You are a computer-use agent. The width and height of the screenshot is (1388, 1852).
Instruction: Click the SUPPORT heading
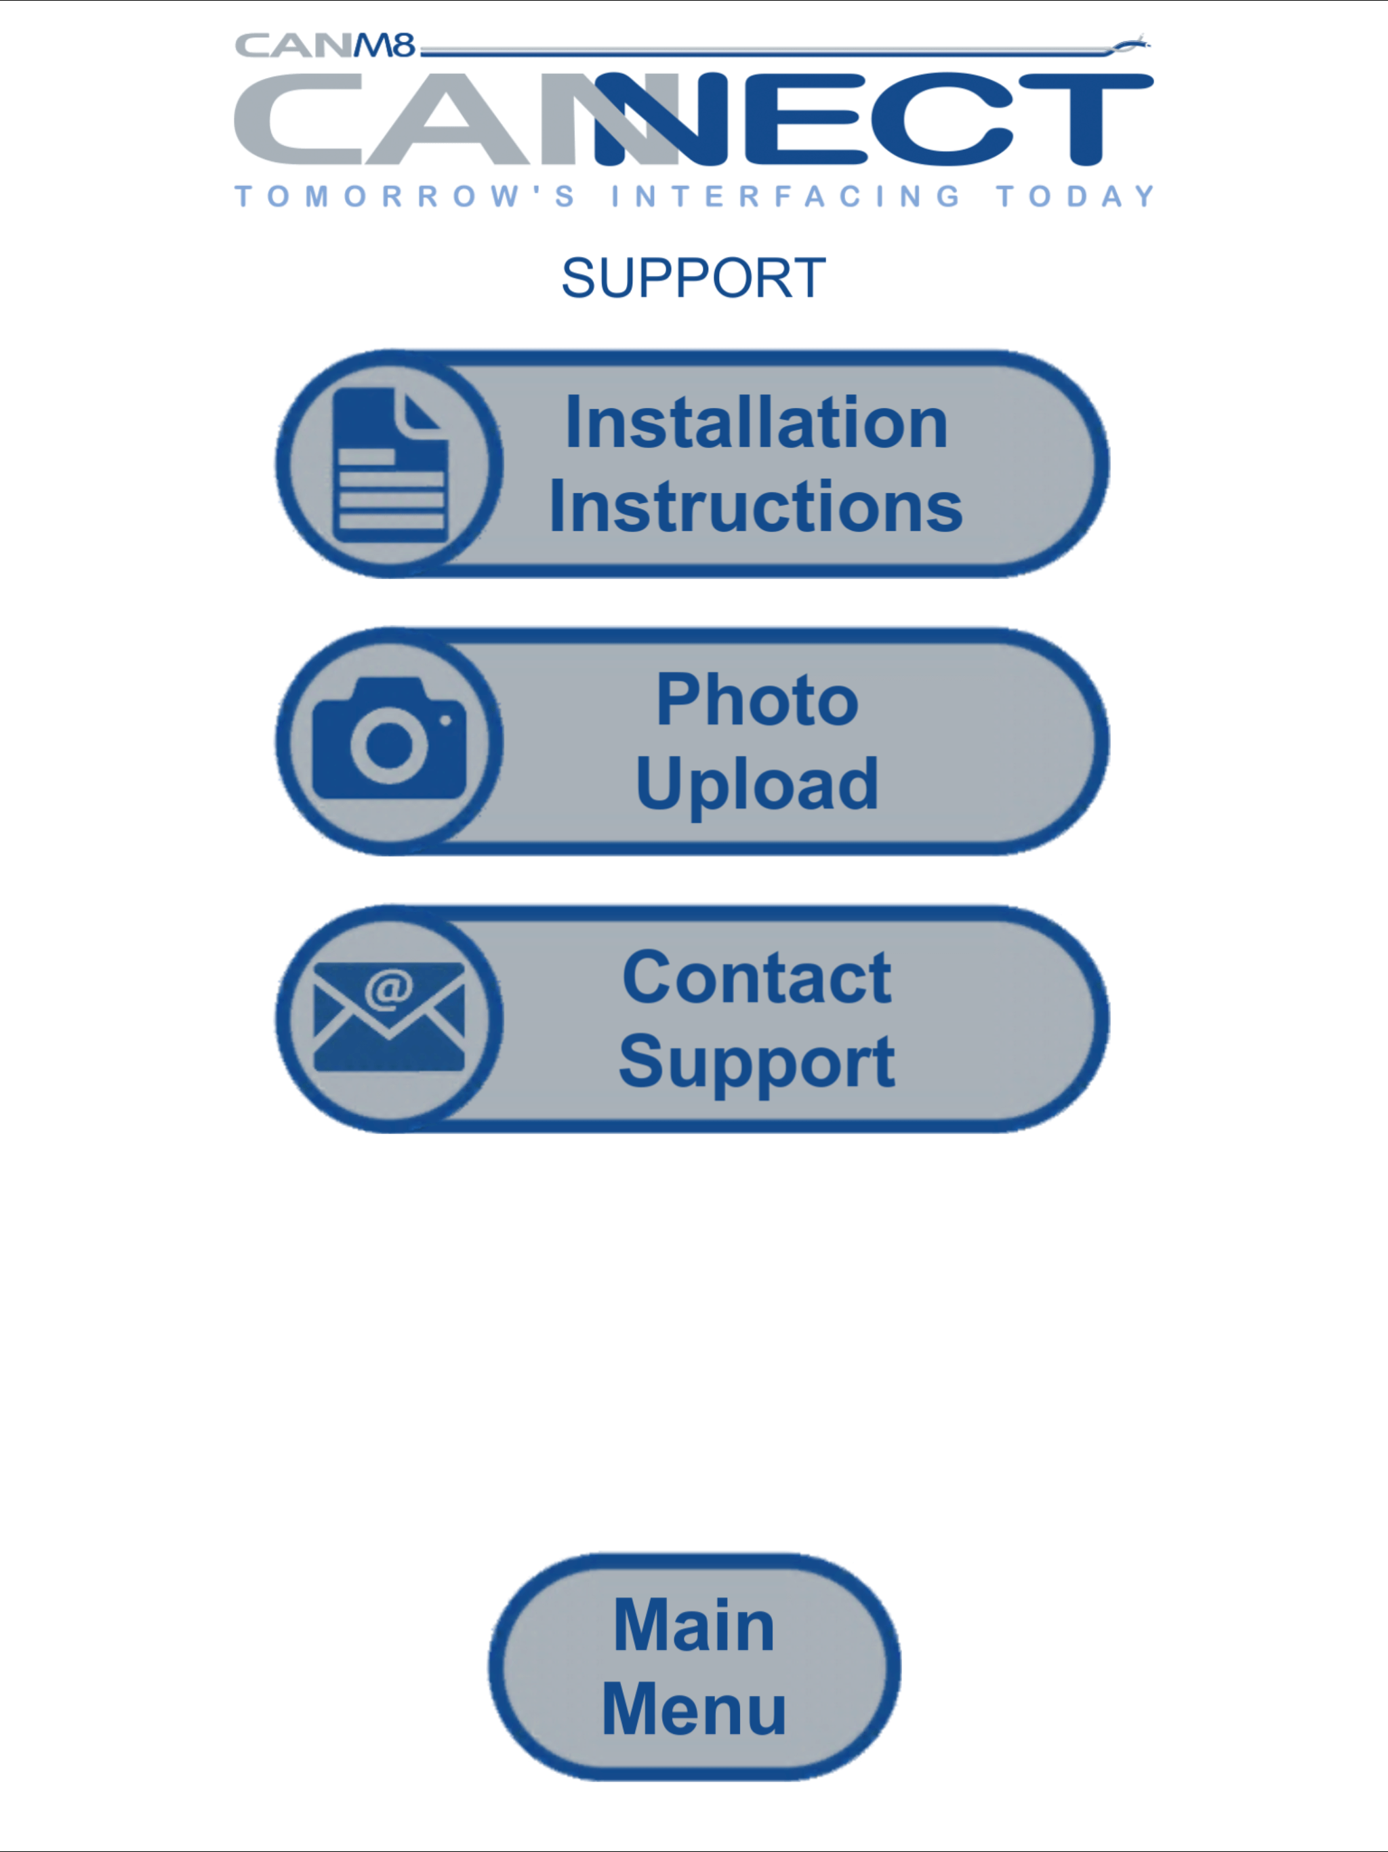coord(693,278)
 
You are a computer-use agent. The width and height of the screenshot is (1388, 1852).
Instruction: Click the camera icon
coord(389,738)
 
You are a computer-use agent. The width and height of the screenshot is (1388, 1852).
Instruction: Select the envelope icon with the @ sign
coord(389,1016)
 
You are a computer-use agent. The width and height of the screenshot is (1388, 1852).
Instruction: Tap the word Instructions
coord(756,506)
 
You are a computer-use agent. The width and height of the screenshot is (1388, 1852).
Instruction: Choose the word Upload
coord(757,784)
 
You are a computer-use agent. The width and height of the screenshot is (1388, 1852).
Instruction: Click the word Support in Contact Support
coord(757,1062)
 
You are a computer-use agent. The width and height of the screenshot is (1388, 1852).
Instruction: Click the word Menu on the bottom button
coord(694,1709)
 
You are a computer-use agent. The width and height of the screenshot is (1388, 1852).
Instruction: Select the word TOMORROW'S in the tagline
coord(405,196)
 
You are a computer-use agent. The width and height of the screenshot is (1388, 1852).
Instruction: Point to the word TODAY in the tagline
coord(1075,196)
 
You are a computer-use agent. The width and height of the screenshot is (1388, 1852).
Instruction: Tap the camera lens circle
coord(389,744)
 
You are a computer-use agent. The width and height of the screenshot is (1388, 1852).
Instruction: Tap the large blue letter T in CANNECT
coord(1086,119)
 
